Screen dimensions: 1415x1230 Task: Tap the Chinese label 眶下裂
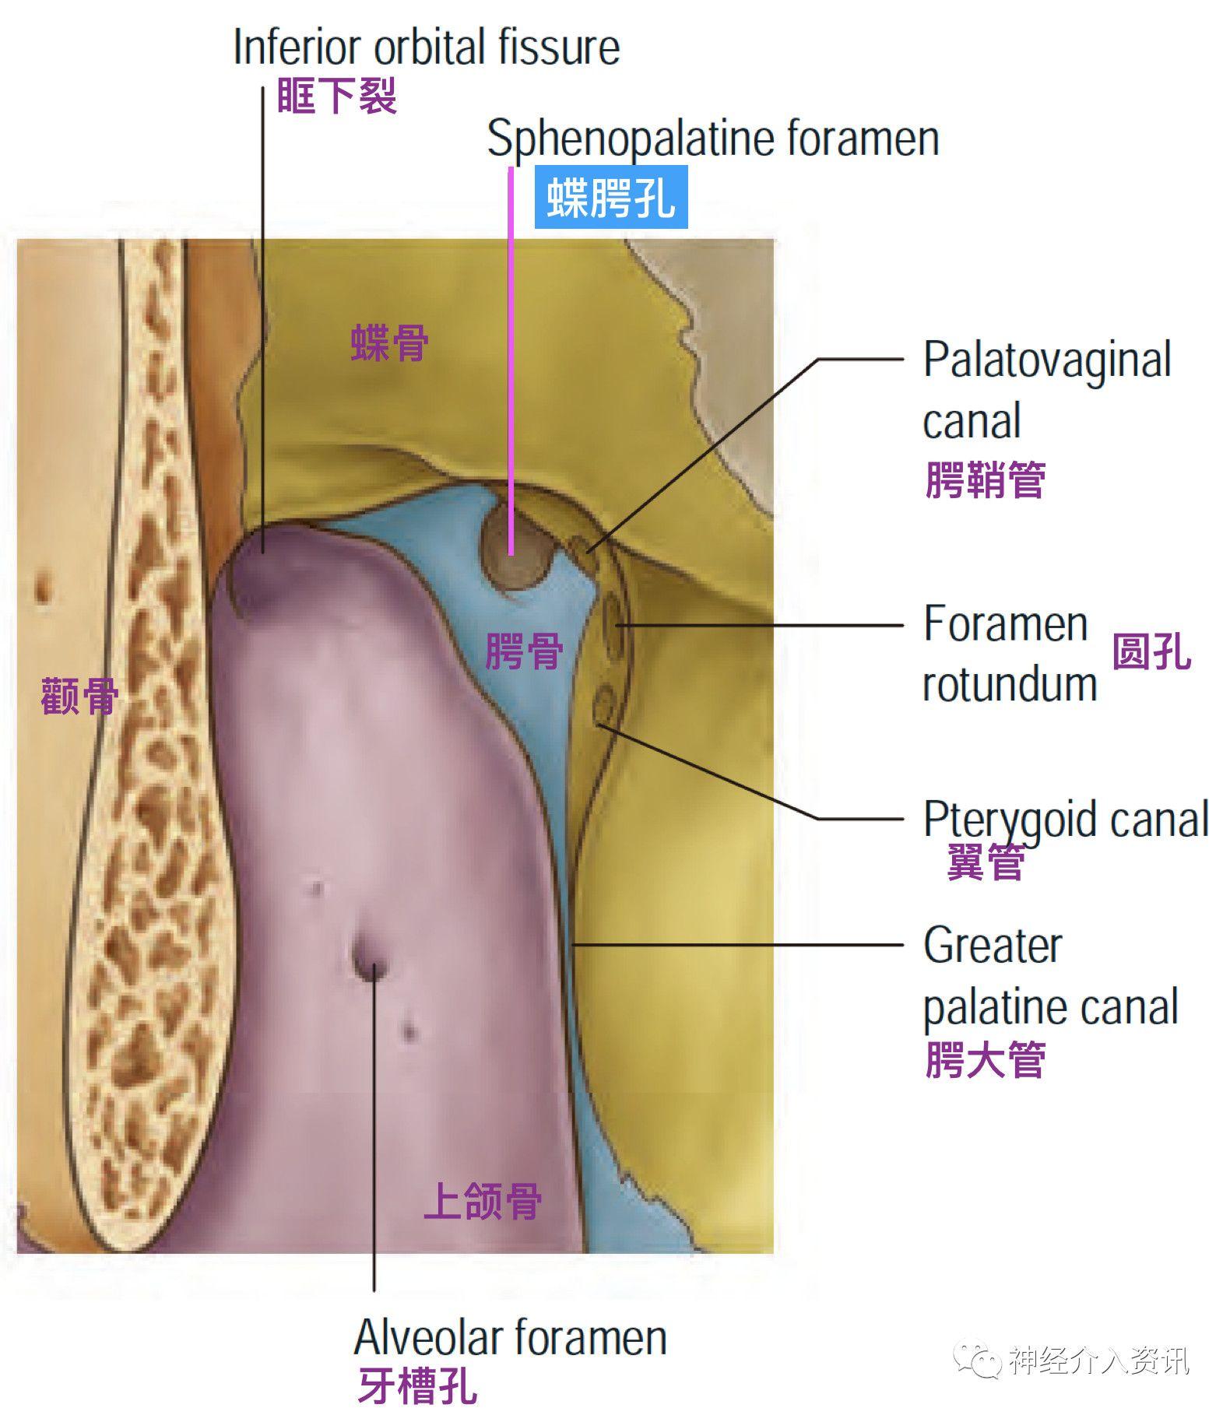[337, 97]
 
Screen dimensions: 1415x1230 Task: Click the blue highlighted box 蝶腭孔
[610, 198]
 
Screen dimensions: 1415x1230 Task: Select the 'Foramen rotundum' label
[1009, 654]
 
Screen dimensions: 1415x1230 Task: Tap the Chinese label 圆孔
[1151, 651]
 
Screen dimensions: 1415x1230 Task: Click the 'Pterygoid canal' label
[1065, 820]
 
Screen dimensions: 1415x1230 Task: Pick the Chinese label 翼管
[985, 862]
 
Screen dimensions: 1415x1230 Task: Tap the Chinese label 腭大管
[985, 1059]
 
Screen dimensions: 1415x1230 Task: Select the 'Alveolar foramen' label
[510, 1337]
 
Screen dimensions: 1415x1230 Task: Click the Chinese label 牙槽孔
[416, 1386]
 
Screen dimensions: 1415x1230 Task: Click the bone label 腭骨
[523, 651]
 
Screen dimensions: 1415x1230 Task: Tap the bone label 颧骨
[79, 696]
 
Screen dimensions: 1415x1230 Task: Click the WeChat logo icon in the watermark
[979, 1359]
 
